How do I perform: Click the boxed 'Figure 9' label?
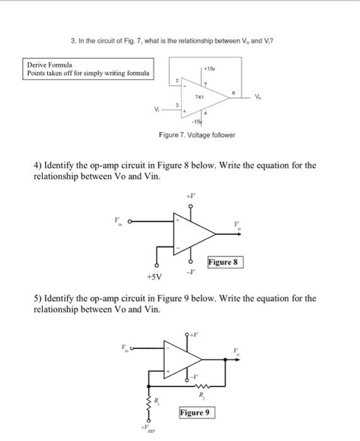coord(196,413)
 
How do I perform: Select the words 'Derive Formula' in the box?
coord(50,65)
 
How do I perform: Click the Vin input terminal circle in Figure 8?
coord(131,221)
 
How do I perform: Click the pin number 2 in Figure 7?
coord(179,81)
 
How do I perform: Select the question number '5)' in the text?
coord(38,298)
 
